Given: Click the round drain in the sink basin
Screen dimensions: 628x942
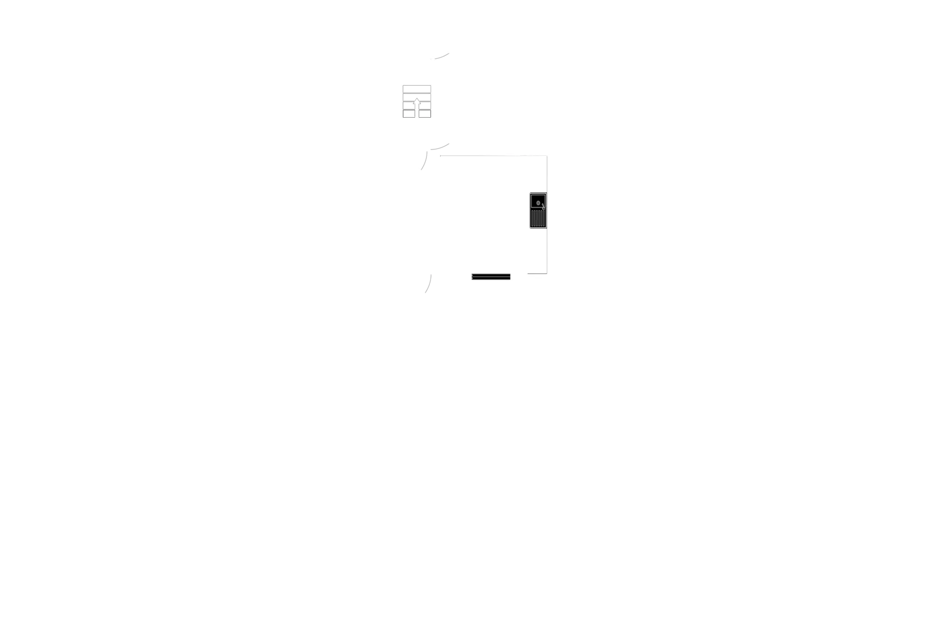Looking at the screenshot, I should click(538, 202).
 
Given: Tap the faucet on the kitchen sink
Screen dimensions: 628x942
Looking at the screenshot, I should click(543, 206).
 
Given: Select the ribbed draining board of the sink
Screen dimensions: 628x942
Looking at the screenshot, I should click(538, 218).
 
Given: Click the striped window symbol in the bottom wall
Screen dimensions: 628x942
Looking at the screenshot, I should click(490, 277).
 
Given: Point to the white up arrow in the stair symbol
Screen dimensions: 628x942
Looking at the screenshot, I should click(417, 105).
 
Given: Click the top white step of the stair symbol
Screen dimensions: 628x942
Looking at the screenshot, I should click(417, 89).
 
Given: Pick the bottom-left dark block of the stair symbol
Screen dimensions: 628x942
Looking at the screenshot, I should click(408, 113).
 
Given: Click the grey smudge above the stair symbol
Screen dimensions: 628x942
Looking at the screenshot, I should click(441, 57).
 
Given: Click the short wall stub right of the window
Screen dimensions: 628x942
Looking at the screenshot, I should click(536, 273).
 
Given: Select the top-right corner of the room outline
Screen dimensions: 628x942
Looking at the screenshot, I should click(547, 156).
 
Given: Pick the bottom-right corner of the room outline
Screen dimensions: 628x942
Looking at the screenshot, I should click(547, 273).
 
